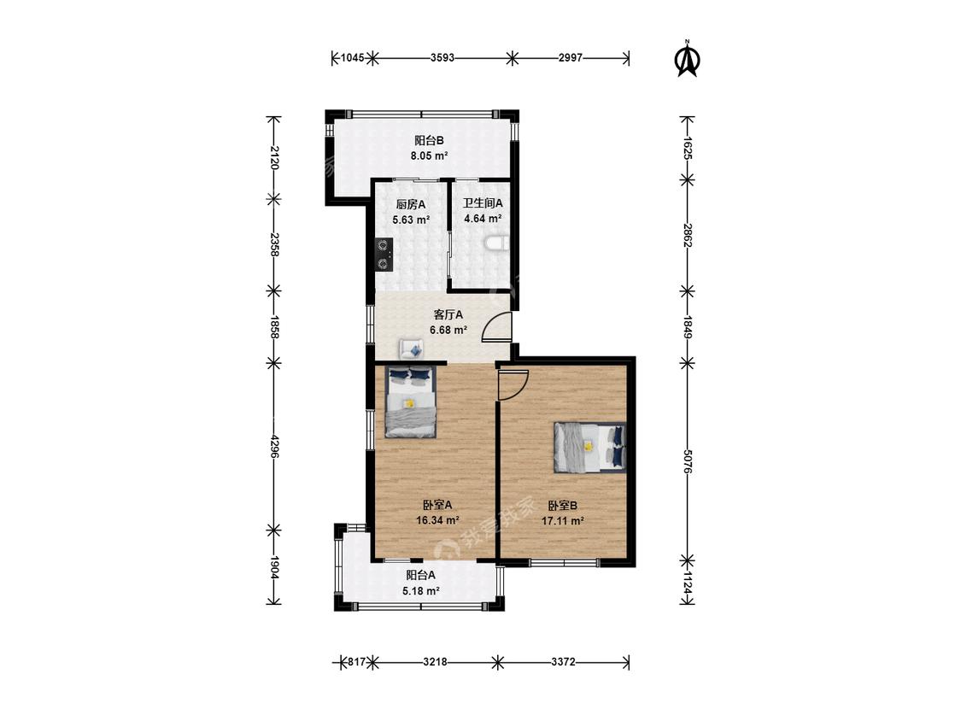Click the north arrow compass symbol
(x=687, y=59)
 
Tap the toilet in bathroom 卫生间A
(x=496, y=244)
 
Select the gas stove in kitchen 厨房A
(x=384, y=255)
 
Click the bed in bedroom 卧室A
(x=411, y=402)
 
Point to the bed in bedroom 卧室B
(x=589, y=448)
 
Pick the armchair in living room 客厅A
(x=411, y=349)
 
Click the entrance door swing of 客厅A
(x=497, y=326)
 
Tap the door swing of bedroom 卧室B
(x=513, y=385)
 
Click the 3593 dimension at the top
(x=442, y=58)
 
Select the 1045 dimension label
(x=353, y=58)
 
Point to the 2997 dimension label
(x=571, y=58)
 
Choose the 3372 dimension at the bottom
(x=563, y=662)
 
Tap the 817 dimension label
(x=357, y=662)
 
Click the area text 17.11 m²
(x=563, y=521)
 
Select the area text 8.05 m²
(x=429, y=155)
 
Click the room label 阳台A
(x=421, y=575)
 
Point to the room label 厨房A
(x=411, y=204)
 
